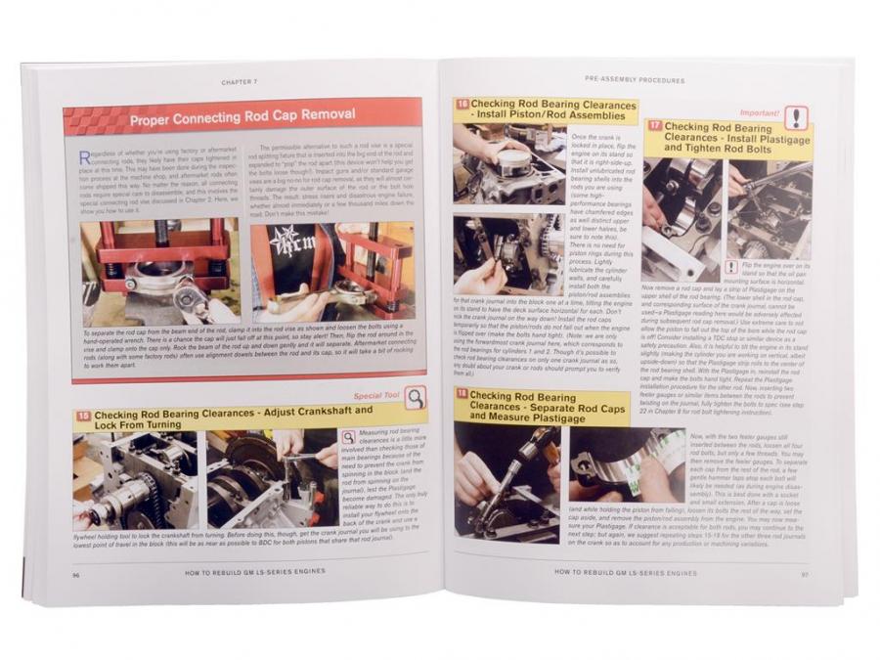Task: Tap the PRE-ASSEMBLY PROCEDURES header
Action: point(634,79)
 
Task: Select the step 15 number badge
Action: point(84,416)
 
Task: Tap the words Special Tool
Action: point(376,396)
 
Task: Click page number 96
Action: point(75,575)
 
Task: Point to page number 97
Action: point(805,572)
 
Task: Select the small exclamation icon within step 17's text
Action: point(730,267)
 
